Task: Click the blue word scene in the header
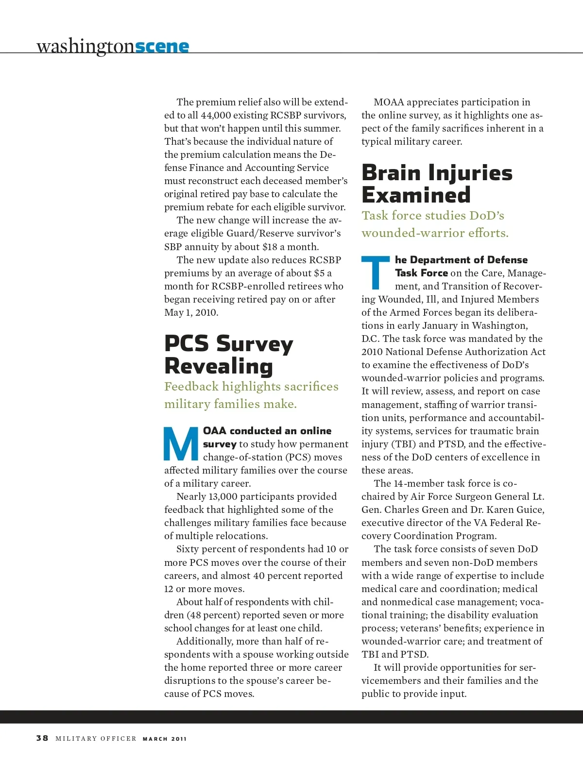[x=162, y=47]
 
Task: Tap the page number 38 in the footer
[x=42, y=738]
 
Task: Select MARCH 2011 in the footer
[x=165, y=739]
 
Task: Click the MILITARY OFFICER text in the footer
[x=96, y=739]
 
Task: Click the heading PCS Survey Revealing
[x=228, y=355]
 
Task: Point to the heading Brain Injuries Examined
[x=437, y=184]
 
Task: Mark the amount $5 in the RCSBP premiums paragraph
[x=319, y=273]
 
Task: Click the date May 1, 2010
[x=191, y=312]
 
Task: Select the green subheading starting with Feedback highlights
[x=251, y=395]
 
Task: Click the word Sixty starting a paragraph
[x=188, y=549]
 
